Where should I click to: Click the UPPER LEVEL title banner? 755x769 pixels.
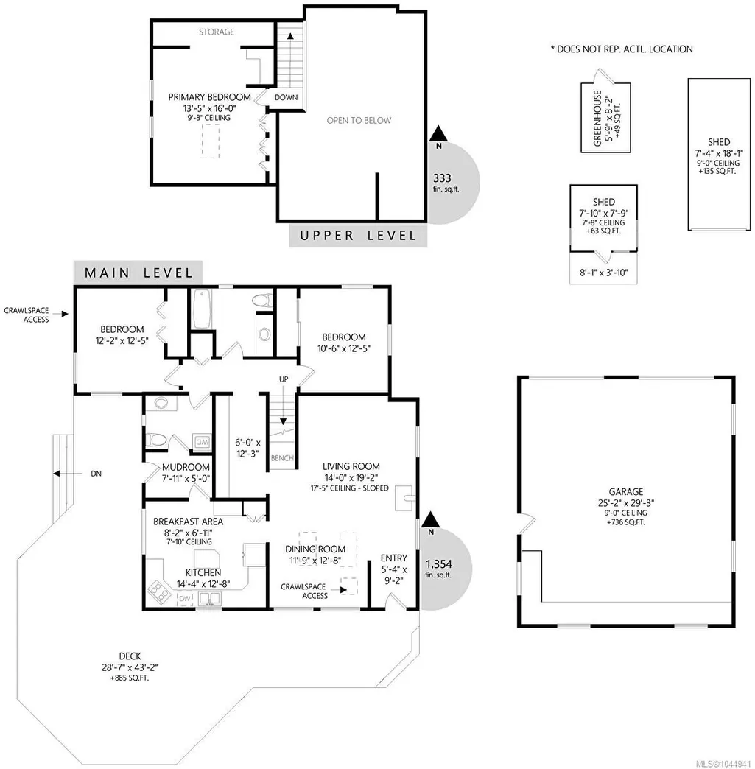pyautogui.click(x=358, y=236)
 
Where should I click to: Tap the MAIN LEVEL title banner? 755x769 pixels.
pyautogui.click(x=138, y=273)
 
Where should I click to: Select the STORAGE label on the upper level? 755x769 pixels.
pyautogui.click(x=217, y=32)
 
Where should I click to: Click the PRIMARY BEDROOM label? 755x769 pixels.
pyautogui.click(x=209, y=97)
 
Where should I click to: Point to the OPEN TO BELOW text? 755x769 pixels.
pyautogui.click(x=359, y=120)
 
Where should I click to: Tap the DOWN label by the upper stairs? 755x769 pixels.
pyautogui.click(x=286, y=97)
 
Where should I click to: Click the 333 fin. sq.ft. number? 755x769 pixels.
pyautogui.click(x=442, y=178)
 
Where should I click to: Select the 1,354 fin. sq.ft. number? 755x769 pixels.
pyautogui.click(x=438, y=564)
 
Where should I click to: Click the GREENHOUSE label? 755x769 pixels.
pyautogui.click(x=597, y=118)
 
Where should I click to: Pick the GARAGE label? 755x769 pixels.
pyautogui.click(x=626, y=491)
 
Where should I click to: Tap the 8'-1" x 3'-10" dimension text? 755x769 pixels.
pyautogui.click(x=603, y=273)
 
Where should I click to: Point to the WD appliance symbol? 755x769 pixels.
pyautogui.click(x=202, y=442)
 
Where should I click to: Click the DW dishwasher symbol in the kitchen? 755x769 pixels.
pyautogui.click(x=184, y=598)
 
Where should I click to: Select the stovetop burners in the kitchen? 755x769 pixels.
pyautogui.click(x=160, y=591)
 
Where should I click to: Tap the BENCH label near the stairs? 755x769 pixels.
pyautogui.click(x=282, y=458)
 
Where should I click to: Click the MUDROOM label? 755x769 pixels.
pyautogui.click(x=186, y=467)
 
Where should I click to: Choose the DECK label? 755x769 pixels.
pyautogui.click(x=130, y=656)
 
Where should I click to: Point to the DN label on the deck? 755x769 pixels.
pyautogui.click(x=96, y=474)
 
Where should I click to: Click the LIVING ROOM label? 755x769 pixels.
pyautogui.click(x=351, y=466)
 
